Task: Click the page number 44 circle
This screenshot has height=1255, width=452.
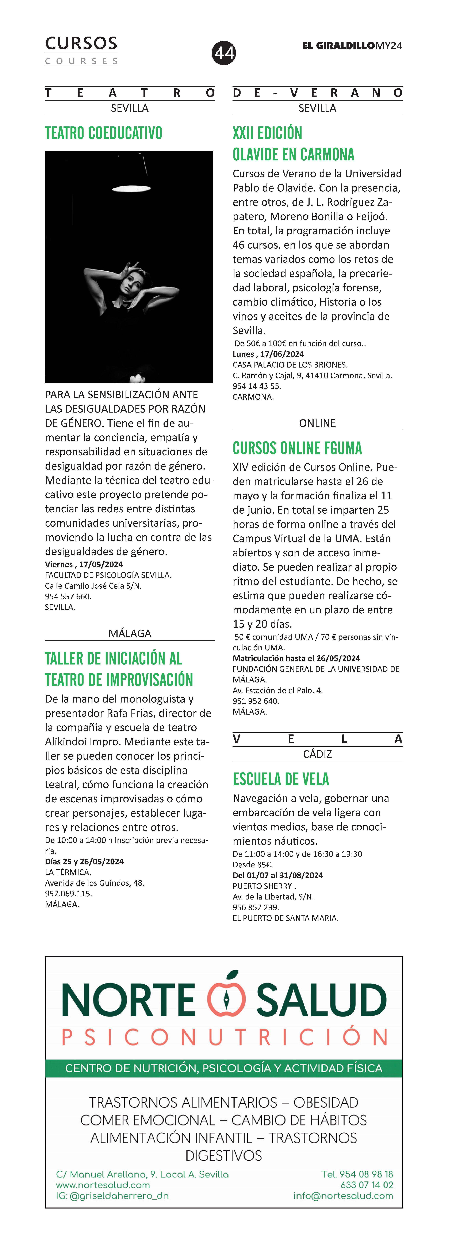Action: (224, 53)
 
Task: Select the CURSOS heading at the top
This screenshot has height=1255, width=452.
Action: (81, 43)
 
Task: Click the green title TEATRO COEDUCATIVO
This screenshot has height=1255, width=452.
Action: (104, 133)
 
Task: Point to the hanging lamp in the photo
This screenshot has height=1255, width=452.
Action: (131, 188)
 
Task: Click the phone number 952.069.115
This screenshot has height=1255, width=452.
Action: (69, 893)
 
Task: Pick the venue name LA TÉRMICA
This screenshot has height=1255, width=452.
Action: (68, 872)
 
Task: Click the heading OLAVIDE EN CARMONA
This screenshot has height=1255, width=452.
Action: (293, 154)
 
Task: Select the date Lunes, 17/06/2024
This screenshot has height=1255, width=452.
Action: (268, 354)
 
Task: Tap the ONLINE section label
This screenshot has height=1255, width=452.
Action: (317, 423)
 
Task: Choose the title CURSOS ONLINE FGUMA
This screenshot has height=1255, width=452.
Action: (297, 448)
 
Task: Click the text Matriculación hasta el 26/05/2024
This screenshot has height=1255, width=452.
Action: (296, 658)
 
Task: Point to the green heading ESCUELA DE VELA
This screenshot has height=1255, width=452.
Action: (281, 779)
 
